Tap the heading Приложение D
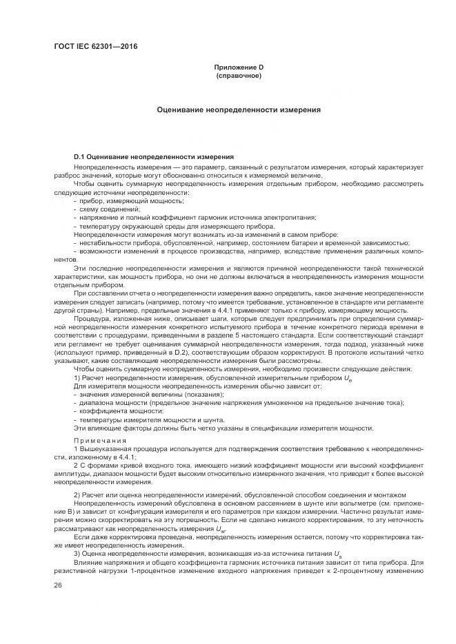[238, 67]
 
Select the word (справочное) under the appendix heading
[238, 75]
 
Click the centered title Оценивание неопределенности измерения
[238, 110]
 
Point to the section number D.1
[79, 158]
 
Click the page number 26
[57, 585]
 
